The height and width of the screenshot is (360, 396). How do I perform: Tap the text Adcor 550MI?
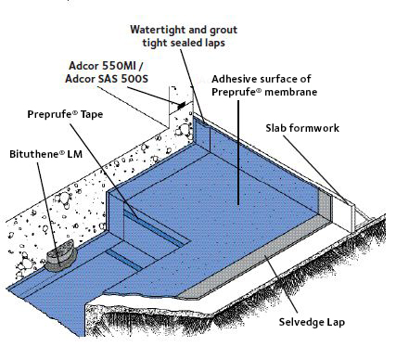pyautogui.click(x=106, y=67)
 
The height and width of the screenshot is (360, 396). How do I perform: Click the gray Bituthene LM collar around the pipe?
pyautogui.click(x=57, y=252)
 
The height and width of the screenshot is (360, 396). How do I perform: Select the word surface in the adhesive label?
pyautogui.click(x=297, y=78)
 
